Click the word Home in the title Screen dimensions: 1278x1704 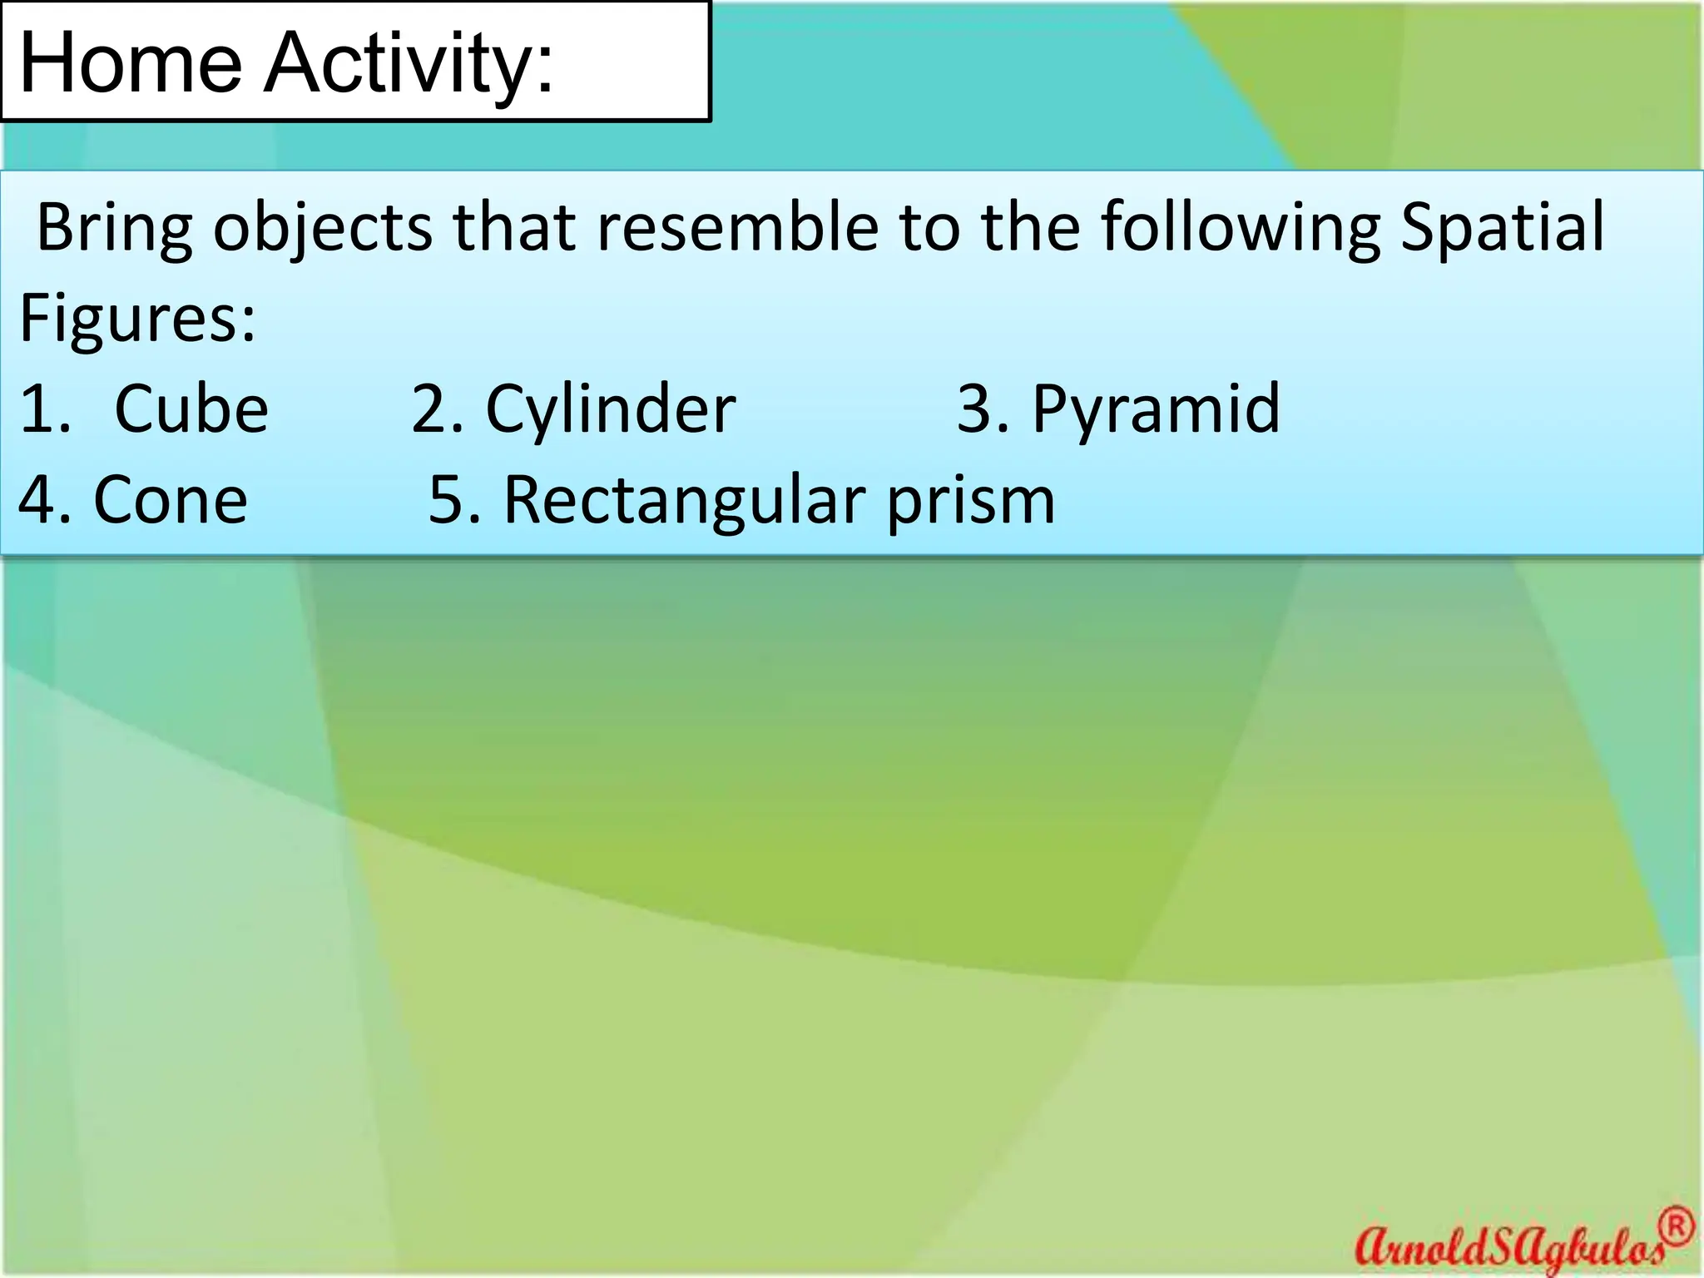131,63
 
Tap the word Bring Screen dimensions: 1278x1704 115,229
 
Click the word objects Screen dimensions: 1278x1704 323,229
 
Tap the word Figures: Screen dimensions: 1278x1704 137,319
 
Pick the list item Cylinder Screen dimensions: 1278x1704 611,410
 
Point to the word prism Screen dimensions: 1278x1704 970,502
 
